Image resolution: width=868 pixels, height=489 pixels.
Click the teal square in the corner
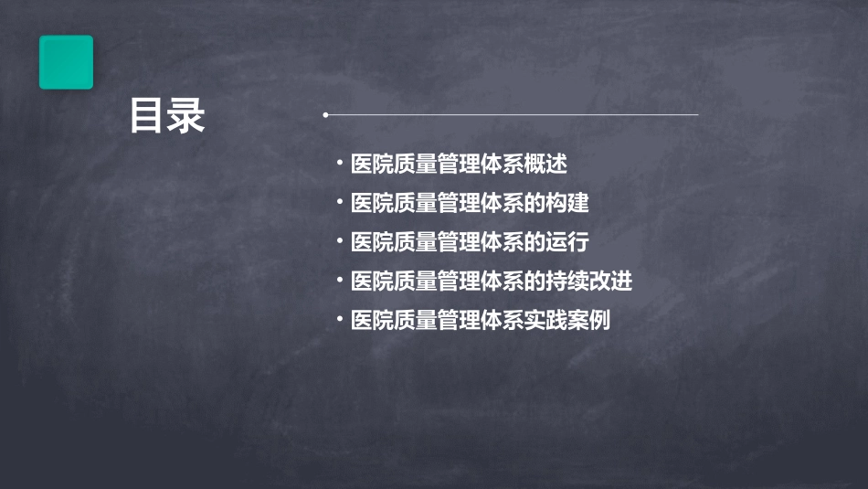(x=66, y=62)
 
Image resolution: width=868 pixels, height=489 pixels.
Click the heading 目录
(x=167, y=116)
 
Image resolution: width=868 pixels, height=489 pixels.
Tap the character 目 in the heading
(x=147, y=116)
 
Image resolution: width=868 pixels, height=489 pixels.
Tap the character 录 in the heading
(x=187, y=116)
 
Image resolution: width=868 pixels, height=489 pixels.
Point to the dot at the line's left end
(x=325, y=115)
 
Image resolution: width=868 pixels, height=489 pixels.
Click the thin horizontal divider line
(x=512, y=115)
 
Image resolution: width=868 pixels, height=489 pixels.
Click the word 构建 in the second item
(x=581, y=204)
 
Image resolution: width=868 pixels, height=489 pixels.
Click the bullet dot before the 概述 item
(x=339, y=164)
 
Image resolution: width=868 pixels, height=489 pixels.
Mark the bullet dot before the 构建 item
(x=339, y=203)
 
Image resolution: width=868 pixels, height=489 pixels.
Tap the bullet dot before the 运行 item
(x=339, y=242)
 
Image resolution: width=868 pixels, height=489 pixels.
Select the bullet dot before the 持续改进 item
(x=339, y=281)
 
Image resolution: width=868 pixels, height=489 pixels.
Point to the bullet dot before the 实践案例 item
(x=339, y=320)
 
